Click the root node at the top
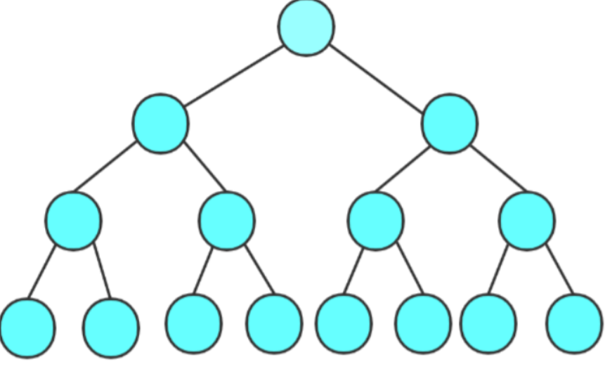[x=306, y=27]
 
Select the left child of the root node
[x=160, y=123]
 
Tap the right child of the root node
[x=450, y=123]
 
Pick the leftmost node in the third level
[x=73, y=221]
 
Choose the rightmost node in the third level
[x=527, y=221]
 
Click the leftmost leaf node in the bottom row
[x=27, y=328]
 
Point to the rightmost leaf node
[x=575, y=323]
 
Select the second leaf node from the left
[x=110, y=328]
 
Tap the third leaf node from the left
[x=194, y=323]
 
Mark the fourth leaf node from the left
[x=274, y=323]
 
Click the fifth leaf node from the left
[x=344, y=323]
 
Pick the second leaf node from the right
[x=488, y=323]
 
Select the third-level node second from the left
[x=226, y=221]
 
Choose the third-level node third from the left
[x=376, y=221]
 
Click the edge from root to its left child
[x=235, y=75]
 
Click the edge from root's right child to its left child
[x=403, y=169]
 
